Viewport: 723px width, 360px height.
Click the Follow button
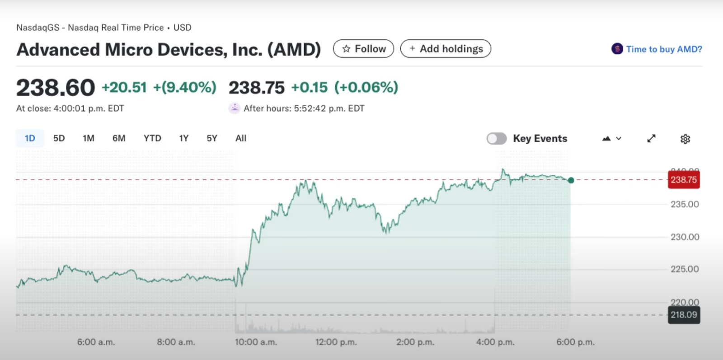pos(363,49)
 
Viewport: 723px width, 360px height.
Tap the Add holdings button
pos(446,49)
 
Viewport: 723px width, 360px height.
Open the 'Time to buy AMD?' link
pos(657,49)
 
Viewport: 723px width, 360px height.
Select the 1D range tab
pos(30,138)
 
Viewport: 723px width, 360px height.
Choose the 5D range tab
pos(59,138)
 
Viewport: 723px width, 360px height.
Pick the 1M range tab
pos(89,138)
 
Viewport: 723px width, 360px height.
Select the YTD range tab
pos(152,138)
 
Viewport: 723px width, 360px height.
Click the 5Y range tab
pos(212,138)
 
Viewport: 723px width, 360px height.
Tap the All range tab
pos(241,138)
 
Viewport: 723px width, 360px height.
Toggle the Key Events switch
pos(497,138)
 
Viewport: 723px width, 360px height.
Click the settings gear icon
pos(685,139)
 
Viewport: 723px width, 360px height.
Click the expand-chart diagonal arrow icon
pos(651,138)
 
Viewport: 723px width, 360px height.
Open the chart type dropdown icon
pos(612,138)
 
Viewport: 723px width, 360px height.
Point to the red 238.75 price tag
pos(684,180)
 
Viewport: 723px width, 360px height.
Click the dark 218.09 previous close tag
pos(684,315)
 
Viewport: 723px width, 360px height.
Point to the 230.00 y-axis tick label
pos(685,237)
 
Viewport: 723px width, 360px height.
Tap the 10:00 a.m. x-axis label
pos(256,342)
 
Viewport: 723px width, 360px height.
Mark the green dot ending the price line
pos(571,180)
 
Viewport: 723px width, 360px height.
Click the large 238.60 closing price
pos(56,87)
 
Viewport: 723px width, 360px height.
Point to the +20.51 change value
pos(124,87)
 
